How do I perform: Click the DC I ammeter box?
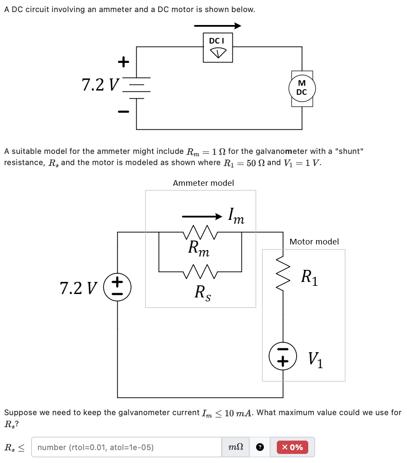tap(218, 48)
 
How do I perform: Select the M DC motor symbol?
tap(302, 88)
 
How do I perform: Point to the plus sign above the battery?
tap(123, 62)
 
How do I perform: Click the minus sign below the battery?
tap(123, 112)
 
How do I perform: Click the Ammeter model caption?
tap(203, 183)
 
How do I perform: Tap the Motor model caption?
tap(314, 242)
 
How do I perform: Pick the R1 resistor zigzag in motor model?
tap(283, 274)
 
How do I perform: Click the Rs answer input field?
tap(127, 447)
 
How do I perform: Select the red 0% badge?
tap(295, 447)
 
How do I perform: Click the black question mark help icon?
tap(260, 447)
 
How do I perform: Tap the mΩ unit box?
tap(236, 447)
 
